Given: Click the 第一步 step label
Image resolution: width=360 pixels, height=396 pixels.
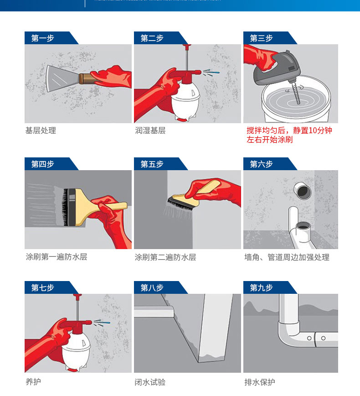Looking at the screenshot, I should (43, 38).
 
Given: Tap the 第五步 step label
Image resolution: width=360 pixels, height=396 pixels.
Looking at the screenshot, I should (152, 164).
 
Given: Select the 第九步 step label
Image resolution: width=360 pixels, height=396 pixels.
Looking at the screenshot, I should (262, 288).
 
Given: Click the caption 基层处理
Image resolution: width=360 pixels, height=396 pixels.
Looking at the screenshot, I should (41, 131).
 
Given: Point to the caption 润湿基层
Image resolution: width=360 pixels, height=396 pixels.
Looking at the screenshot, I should (150, 131).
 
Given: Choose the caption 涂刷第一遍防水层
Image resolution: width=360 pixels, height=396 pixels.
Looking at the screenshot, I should (56, 257).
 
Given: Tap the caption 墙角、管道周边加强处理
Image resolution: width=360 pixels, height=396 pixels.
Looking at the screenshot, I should (287, 257).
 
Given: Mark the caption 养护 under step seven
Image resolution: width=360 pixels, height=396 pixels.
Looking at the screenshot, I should (33, 382).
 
